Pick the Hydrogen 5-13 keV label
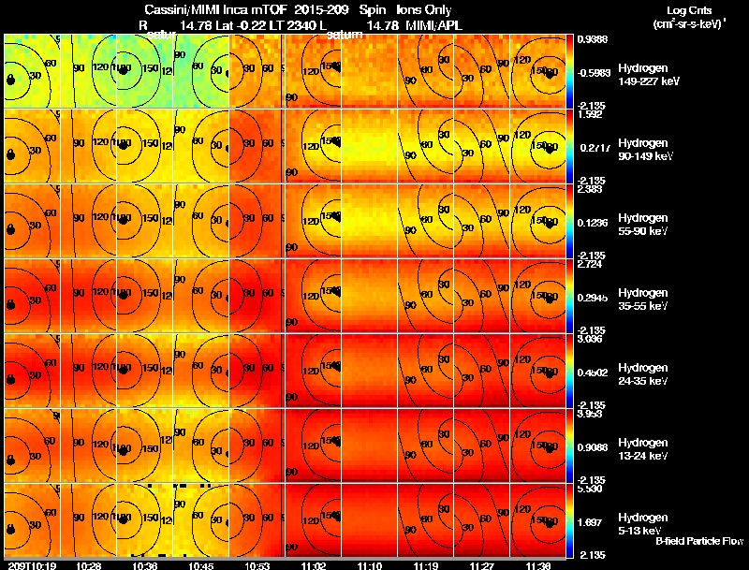click(x=642, y=524)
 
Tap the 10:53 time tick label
click(x=257, y=565)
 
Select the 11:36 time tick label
click(x=538, y=565)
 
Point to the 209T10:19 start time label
click(x=30, y=565)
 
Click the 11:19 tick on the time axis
click(x=426, y=565)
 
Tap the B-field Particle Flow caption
click(x=698, y=542)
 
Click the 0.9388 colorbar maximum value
click(x=592, y=40)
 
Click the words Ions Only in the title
click(x=424, y=10)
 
